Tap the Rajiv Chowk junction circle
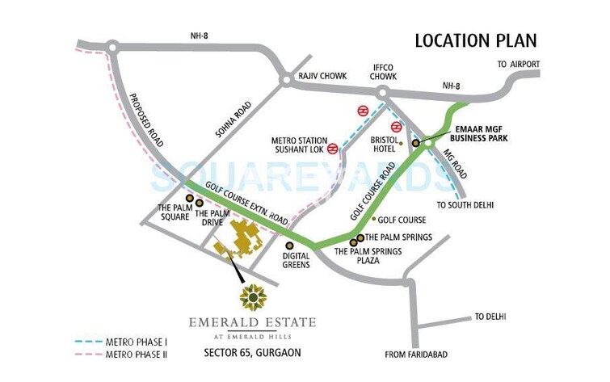coord(285,79)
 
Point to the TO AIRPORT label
coord(518,64)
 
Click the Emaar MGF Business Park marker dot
coord(416,143)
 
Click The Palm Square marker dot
coord(189,198)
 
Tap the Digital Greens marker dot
coord(289,245)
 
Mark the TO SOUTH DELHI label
coord(465,204)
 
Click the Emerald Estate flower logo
coord(253,298)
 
